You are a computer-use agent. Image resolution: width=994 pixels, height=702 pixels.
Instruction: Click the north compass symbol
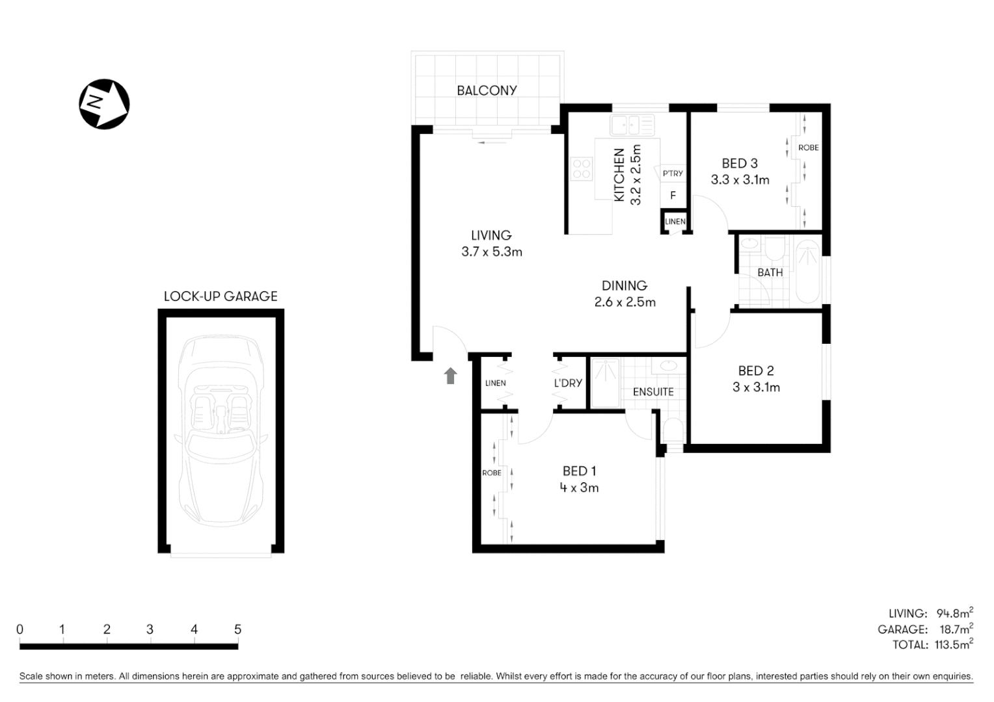(104, 104)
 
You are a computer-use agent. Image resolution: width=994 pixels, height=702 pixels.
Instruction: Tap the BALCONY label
(487, 90)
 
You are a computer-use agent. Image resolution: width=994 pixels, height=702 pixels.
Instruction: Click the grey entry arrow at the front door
(450, 376)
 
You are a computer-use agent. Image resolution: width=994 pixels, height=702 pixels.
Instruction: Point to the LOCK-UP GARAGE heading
(221, 296)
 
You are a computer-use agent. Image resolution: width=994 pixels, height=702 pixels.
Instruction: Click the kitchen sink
(632, 124)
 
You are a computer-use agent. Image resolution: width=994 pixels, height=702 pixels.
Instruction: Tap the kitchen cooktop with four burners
(582, 169)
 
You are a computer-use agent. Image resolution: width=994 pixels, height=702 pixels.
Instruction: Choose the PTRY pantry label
(673, 174)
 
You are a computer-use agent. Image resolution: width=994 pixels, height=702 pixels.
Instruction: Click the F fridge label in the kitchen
(673, 195)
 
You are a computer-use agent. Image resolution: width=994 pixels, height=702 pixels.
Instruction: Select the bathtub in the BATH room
(808, 271)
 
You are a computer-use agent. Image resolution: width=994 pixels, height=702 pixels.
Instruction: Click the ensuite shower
(605, 383)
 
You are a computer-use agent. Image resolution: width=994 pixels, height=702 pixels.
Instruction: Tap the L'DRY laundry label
(568, 383)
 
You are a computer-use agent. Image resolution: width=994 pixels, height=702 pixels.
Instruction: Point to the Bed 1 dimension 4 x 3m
(579, 487)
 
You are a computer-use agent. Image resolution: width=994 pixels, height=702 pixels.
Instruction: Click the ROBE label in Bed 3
(808, 148)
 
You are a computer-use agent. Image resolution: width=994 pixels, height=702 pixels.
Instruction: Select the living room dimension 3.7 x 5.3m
(492, 252)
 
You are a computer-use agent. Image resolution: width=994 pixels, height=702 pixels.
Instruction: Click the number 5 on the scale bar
(237, 629)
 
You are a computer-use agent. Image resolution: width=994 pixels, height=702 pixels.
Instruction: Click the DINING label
(624, 285)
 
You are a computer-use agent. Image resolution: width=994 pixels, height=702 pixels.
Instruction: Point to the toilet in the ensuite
(671, 431)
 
